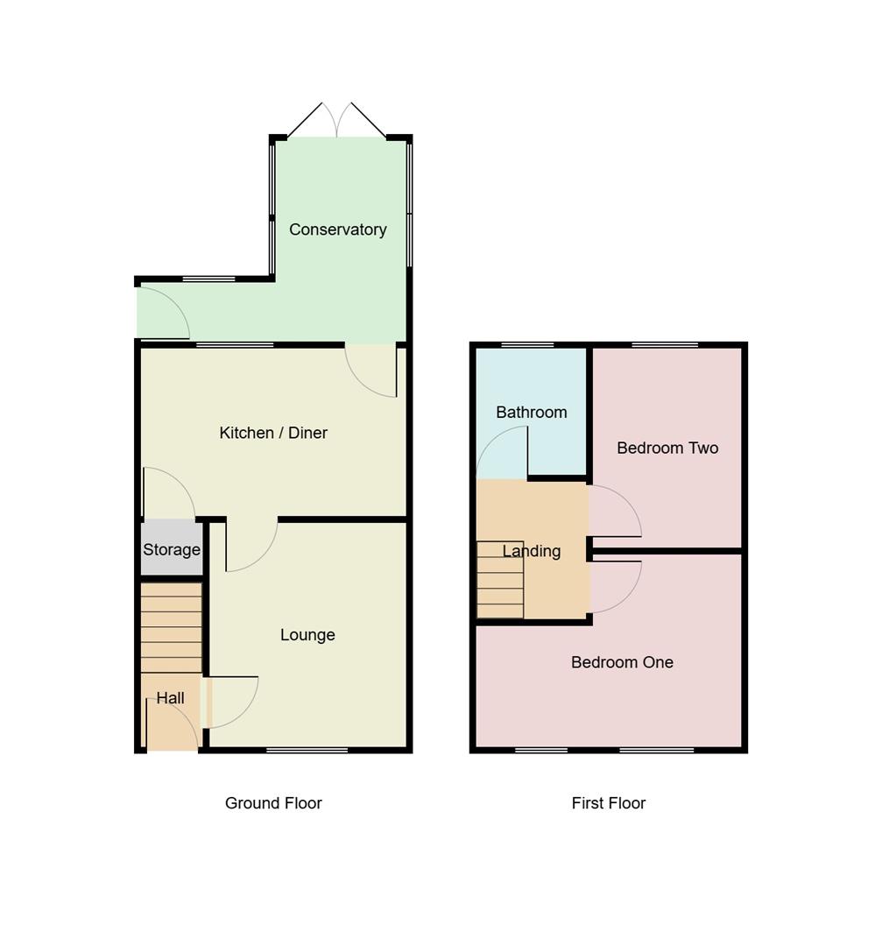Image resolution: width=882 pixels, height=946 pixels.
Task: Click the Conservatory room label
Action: (x=337, y=229)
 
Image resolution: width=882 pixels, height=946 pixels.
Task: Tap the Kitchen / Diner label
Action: (x=273, y=433)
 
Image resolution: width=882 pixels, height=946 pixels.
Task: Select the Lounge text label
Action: (x=307, y=635)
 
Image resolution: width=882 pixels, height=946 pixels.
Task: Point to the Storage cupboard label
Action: (x=172, y=550)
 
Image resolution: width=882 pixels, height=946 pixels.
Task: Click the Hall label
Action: (x=170, y=698)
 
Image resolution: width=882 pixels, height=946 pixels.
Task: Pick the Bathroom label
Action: (x=531, y=412)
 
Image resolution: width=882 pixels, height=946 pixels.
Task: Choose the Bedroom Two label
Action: (x=667, y=448)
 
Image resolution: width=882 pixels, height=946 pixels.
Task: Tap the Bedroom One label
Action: (x=622, y=662)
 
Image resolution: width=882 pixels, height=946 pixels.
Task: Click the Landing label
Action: (x=532, y=551)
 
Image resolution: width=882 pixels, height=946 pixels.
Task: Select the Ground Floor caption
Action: (x=273, y=803)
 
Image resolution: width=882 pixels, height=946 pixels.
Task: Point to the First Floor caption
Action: (x=608, y=803)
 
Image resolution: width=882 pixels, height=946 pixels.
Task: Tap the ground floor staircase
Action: (x=172, y=627)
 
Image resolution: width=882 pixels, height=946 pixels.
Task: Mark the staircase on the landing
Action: (x=500, y=580)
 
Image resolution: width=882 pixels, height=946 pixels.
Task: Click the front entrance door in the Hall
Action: (x=173, y=727)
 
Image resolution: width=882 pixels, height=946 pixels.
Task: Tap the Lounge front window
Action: (x=307, y=750)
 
